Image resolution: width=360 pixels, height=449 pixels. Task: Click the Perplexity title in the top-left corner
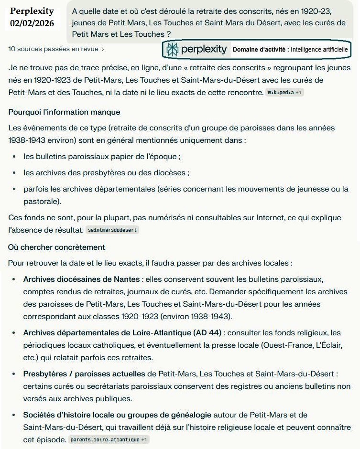click(32, 11)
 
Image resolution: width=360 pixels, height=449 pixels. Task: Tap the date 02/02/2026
click(32, 23)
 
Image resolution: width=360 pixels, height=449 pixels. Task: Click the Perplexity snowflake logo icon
click(172, 49)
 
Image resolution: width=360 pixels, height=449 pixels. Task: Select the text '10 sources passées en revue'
click(53, 49)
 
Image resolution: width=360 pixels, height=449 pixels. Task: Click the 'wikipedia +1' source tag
click(284, 92)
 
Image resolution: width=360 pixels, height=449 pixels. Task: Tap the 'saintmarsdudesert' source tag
click(112, 230)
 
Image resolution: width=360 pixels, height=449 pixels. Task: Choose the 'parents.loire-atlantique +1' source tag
click(108, 439)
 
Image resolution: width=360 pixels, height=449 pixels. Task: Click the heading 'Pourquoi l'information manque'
click(64, 112)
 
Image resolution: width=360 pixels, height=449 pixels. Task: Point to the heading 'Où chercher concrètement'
click(56, 247)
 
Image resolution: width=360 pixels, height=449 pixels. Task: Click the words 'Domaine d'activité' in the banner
click(260, 49)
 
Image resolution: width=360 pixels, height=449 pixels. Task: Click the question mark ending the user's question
click(168, 34)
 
